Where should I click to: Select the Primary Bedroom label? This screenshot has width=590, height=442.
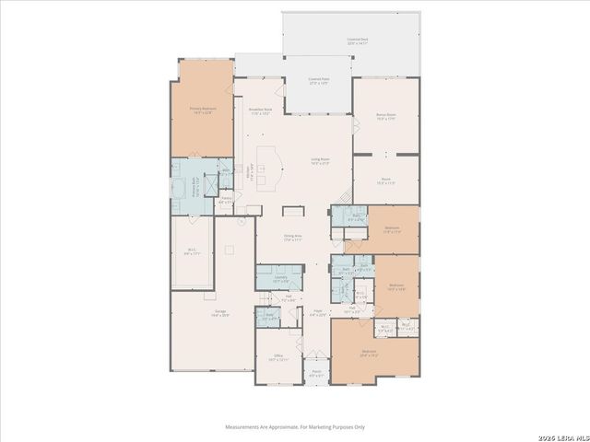(202, 110)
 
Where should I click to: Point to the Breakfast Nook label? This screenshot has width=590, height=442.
(259, 110)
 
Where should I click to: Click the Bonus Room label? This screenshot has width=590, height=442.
(385, 117)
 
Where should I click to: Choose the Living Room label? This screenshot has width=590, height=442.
(319, 161)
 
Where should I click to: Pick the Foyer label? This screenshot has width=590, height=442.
(316, 313)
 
